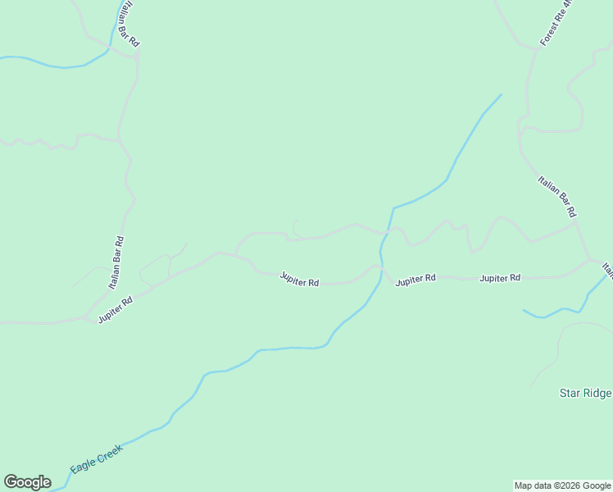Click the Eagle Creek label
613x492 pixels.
pos(96,458)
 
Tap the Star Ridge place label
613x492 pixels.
pos(585,393)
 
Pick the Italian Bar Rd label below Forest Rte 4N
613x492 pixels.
pos(556,196)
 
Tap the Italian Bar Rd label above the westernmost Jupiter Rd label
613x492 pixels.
pos(117,262)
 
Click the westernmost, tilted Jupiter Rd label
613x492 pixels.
pos(115,310)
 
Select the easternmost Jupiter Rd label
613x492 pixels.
pos(500,278)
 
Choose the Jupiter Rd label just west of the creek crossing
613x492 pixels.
pos(299,280)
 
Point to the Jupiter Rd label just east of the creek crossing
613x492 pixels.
pos(415,280)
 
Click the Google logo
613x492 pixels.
pos(27,482)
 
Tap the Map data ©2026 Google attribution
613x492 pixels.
pos(562,485)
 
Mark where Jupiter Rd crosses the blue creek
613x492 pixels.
pos(381,269)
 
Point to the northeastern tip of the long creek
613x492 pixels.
pos(501,94)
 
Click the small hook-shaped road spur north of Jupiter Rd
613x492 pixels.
pos(295,226)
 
